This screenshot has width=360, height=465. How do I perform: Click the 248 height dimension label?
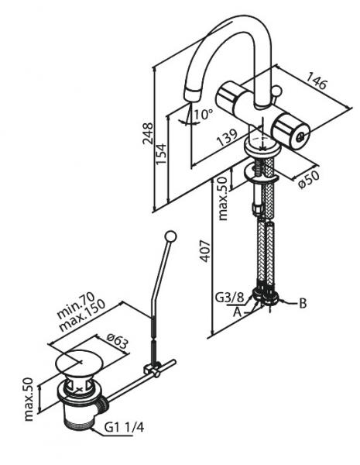click(x=148, y=133)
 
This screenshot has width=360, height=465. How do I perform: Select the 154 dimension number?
click(x=162, y=154)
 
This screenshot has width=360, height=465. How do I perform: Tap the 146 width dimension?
click(x=317, y=80)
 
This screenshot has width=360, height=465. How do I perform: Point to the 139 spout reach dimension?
click(x=227, y=137)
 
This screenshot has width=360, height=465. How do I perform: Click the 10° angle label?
click(x=204, y=114)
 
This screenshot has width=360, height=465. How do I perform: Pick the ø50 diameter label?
click(x=309, y=179)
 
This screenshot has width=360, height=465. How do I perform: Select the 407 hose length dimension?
click(x=205, y=251)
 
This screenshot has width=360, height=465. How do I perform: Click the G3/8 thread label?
click(x=231, y=298)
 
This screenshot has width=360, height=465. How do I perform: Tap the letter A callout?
click(x=237, y=312)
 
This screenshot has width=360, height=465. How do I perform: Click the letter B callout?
click(x=303, y=303)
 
